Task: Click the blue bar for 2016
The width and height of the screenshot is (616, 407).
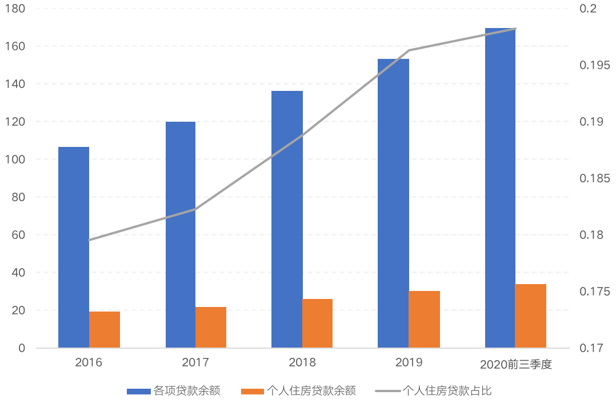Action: (74, 247)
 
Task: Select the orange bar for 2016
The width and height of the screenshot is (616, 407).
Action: (105, 329)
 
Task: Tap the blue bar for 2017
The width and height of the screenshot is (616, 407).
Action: (181, 234)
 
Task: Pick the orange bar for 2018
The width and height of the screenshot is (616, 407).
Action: (317, 323)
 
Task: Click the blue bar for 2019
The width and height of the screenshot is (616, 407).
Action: (393, 203)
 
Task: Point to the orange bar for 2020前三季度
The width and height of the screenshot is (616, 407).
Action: (530, 316)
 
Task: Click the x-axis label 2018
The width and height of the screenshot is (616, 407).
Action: (302, 362)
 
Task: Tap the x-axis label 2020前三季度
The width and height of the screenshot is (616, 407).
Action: (515, 364)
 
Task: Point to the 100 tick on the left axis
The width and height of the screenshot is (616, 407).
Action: (18, 159)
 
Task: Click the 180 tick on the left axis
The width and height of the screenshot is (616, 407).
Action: (18, 9)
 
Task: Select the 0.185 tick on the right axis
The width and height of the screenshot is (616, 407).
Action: (594, 178)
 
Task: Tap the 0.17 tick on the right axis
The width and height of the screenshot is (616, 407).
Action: (591, 348)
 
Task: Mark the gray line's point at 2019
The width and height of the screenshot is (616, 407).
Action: (409, 50)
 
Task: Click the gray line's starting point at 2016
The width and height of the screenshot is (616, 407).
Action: (89, 240)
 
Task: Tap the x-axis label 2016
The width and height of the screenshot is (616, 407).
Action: (89, 362)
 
